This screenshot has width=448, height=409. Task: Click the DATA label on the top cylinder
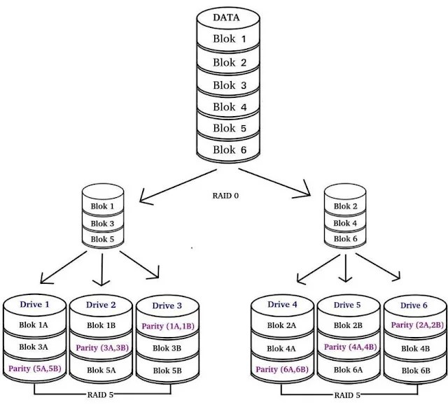pyautogui.click(x=226, y=17)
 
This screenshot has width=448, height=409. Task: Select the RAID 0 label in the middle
pyautogui.click(x=225, y=196)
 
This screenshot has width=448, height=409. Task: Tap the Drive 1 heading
pyautogui.click(x=34, y=304)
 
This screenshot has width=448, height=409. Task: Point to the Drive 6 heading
pyautogui.click(x=414, y=306)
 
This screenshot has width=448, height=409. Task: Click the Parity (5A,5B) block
pyautogui.click(x=35, y=368)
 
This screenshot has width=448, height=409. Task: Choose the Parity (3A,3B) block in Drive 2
pyautogui.click(x=102, y=347)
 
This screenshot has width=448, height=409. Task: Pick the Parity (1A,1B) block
pyautogui.click(x=168, y=326)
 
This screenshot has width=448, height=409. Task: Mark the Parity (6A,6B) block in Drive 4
pyautogui.click(x=282, y=369)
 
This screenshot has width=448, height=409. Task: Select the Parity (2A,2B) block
pyautogui.click(x=417, y=325)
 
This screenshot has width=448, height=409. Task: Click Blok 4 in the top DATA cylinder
pyautogui.click(x=230, y=107)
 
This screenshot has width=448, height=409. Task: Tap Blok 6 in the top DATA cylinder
pyautogui.click(x=230, y=150)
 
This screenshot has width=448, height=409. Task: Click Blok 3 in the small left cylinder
pyautogui.click(x=102, y=224)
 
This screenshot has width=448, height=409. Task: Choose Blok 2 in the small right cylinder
pyautogui.click(x=345, y=206)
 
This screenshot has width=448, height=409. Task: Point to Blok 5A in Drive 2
pyautogui.click(x=101, y=370)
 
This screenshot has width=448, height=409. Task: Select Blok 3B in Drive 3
pyautogui.click(x=167, y=348)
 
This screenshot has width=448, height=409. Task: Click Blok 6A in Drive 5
pyautogui.click(x=348, y=370)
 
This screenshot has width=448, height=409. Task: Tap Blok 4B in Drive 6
pyautogui.click(x=415, y=348)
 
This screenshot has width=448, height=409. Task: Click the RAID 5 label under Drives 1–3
pyautogui.click(x=100, y=395)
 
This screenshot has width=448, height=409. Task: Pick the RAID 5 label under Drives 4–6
pyautogui.click(x=347, y=395)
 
